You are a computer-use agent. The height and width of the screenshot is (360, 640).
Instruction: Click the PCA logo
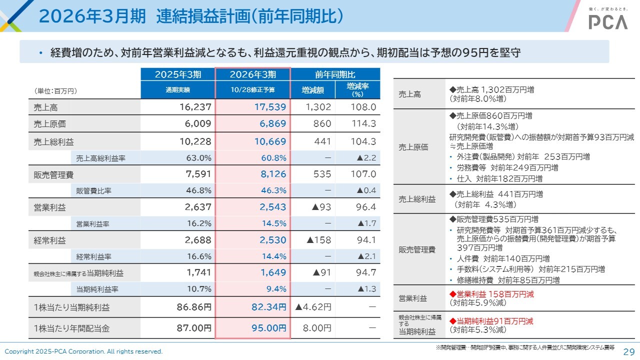tap(607, 21)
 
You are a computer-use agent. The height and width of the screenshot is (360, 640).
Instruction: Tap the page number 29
tap(628, 351)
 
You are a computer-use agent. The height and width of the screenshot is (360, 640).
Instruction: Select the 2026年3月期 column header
tap(252, 74)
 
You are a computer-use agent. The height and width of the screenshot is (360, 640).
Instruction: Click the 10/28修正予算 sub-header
tap(252, 90)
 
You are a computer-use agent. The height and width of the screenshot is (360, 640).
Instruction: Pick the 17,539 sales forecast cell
tap(270, 107)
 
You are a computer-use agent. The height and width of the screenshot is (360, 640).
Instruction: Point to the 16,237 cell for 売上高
tap(195, 107)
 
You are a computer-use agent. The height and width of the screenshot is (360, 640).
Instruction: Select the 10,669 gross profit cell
tap(270, 141)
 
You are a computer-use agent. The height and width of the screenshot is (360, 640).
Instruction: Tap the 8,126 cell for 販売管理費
tap(273, 174)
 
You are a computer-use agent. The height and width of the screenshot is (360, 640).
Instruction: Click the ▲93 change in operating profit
tap(319, 207)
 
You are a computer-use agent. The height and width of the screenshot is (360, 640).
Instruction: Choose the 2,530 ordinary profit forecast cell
tap(273, 240)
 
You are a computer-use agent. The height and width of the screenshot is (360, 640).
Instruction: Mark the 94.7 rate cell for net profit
tap(366, 272)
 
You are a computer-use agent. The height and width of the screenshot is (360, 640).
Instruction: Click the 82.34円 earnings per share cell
tap(269, 307)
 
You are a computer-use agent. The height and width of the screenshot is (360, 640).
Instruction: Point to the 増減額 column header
tap(312, 90)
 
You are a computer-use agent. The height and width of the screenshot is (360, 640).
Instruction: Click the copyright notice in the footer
tap(84, 351)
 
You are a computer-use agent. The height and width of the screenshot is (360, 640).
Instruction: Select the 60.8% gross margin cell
tap(274, 158)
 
